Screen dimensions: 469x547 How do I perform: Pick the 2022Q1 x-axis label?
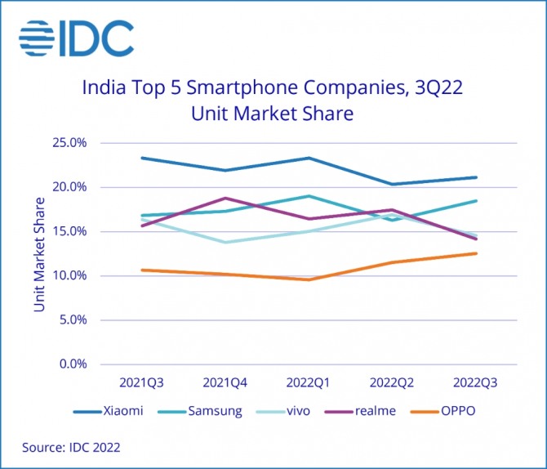click(309, 382)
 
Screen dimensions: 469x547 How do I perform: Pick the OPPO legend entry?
click(460, 410)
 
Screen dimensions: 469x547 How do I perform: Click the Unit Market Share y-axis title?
click(40, 253)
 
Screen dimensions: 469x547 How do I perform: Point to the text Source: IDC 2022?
click(70, 447)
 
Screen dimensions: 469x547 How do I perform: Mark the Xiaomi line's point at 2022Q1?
click(309, 158)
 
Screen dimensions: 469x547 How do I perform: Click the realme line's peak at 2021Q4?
click(225, 198)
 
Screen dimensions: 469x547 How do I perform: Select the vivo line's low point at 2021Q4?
click(225, 242)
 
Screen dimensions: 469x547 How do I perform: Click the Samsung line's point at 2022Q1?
click(309, 196)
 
